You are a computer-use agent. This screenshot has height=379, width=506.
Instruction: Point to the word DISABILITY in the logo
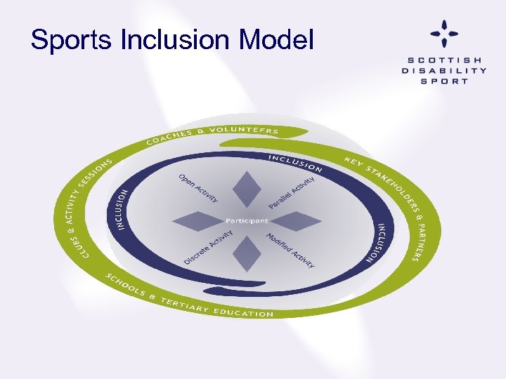click(443, 70)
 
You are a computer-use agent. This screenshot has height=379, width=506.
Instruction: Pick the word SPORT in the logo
click(443, 81)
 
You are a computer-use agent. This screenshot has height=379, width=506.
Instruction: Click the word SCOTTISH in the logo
click(443, 59)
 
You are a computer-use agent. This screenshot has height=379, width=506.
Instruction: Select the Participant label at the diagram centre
click(247, 221)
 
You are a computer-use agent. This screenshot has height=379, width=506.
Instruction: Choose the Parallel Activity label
click(292, 192)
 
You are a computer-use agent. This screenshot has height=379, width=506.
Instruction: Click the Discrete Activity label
click(208, 247)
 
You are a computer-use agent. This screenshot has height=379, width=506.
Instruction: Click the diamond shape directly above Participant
click(247, 189)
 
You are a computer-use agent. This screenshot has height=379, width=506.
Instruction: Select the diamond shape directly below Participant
click(246, 253)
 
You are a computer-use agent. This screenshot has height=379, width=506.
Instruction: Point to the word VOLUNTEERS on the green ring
click(245, 130)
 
